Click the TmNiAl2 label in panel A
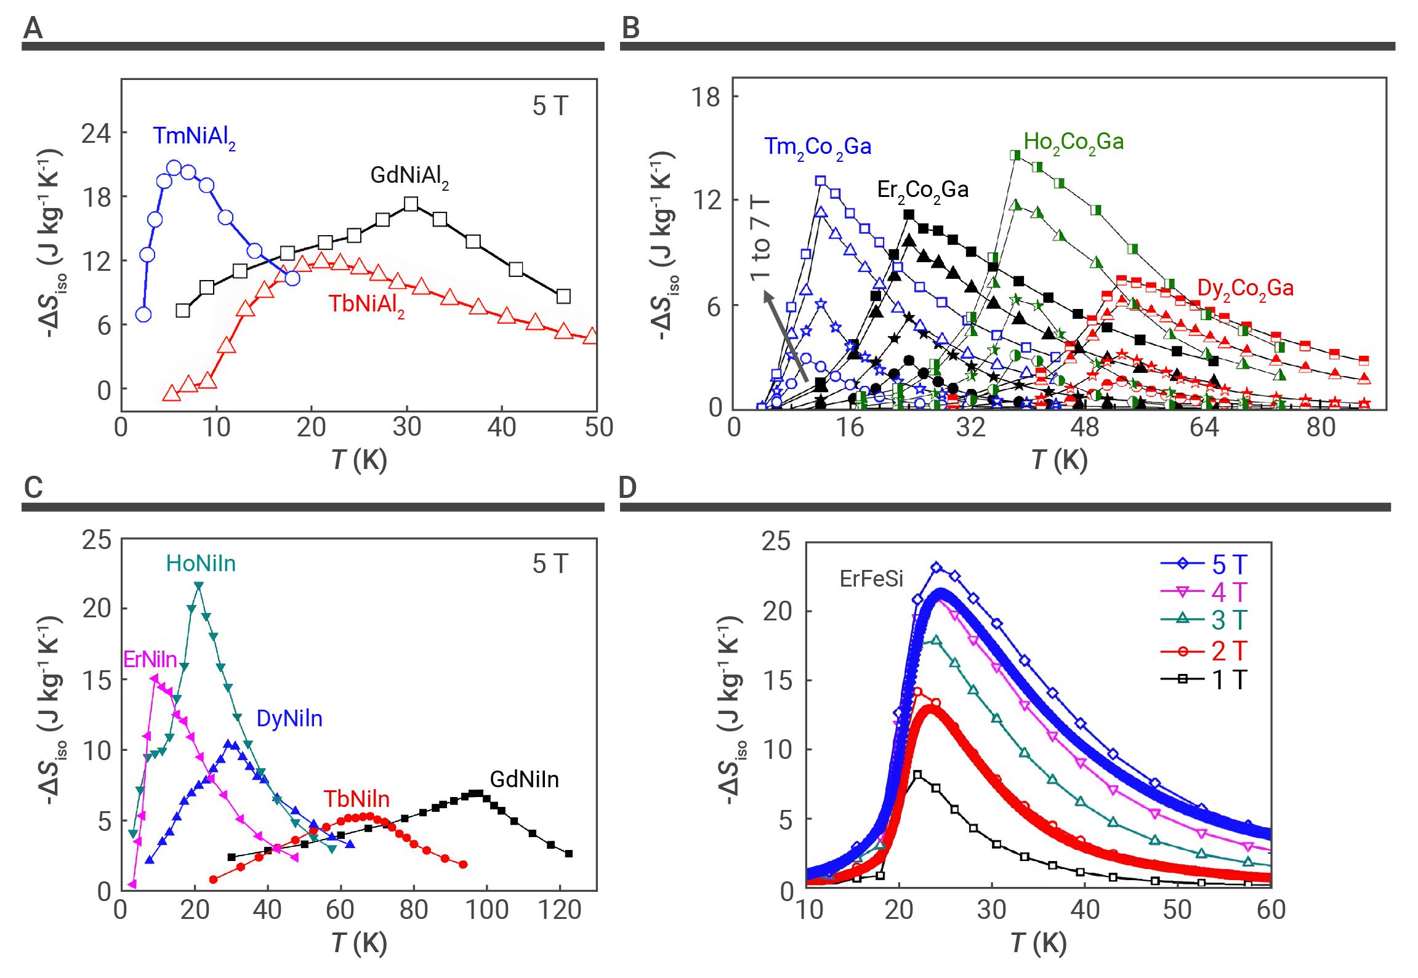tap(194, 137)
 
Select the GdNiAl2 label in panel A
tap(409, 176)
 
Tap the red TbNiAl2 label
tap(366, 304)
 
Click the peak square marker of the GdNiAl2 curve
tap(411, 204)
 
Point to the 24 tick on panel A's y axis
tap(96, 133)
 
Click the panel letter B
tap(630, 28)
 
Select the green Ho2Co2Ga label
tap(1073, 142)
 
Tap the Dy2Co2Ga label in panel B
tap(1245, 288)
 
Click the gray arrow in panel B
tap(786, 335)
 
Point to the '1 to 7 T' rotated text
tap(760, 238)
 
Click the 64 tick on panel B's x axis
tap(1204, 427)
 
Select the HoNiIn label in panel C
tap(201, 563)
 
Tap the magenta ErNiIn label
tap(150, 659)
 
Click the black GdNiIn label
tap(524, 779)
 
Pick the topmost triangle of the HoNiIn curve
tap(198, 585)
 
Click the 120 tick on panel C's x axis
tap(559, 910)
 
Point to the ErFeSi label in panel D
tap(871, 579)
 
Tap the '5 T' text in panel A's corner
tap(550, 106)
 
